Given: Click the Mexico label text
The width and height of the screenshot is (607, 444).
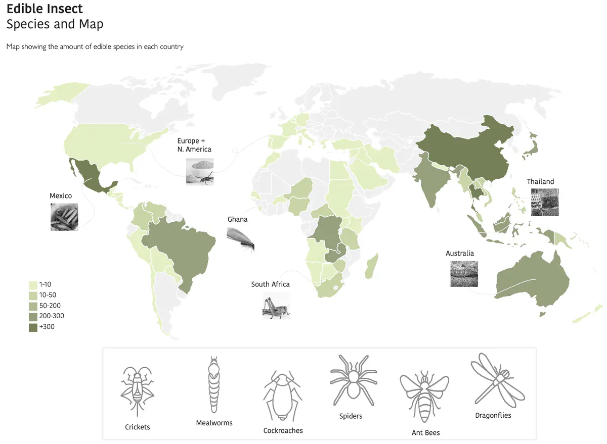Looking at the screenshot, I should click(61, 195).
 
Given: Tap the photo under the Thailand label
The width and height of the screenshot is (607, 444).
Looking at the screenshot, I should click(545, 202).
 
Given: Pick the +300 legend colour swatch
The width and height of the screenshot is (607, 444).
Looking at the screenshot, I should click(33, 327).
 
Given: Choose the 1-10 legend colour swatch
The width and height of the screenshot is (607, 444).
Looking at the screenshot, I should click(33, 285).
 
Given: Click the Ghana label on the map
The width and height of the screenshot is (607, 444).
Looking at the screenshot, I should click(237, 219).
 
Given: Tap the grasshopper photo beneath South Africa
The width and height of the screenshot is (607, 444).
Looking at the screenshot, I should click(276, 306).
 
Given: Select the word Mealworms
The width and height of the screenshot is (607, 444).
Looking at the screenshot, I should click(214, 422).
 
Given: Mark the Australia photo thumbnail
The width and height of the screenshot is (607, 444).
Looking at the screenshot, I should click(464, 274).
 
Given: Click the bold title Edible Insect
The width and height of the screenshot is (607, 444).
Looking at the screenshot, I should click(45, 9).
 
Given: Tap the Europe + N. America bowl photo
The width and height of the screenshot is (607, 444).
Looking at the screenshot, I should click(200, 172).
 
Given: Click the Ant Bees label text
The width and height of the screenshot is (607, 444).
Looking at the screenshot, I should click(425, 432).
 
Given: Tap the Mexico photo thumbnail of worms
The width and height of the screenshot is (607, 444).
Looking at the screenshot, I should click(64, 217).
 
